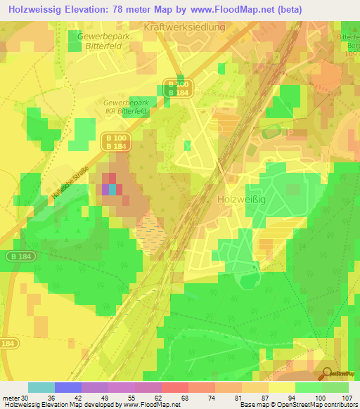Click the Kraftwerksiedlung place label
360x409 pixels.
tap(184, 27)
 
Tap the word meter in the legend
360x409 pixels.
tap(11, 397)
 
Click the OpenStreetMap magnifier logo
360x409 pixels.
tap(328, 372)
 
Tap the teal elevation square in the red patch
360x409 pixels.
tap(112, 188)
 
